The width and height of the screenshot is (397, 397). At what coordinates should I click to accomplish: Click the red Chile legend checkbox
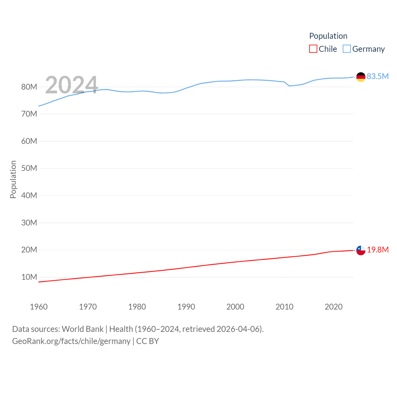[313, 49]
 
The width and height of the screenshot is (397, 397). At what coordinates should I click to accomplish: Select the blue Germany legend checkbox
[347, 49]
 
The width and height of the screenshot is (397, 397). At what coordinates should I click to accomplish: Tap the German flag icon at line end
[361, 77]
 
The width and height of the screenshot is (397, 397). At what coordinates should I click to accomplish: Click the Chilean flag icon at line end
[361, 250]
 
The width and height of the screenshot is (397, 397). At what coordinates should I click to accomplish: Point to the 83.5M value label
[377, 76]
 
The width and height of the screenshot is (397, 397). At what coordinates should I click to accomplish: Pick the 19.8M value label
[377, 250]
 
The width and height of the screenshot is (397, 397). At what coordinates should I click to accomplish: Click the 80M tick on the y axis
[29, 87]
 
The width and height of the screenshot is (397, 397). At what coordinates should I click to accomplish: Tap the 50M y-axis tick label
[29, 168]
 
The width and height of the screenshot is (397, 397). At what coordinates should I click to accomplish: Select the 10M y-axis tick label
[29, 277]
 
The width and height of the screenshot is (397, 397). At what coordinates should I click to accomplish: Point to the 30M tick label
[29, 223]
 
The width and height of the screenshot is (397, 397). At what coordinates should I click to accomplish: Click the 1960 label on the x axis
[39, 307]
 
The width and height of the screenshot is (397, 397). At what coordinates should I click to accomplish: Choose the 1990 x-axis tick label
[186, 307]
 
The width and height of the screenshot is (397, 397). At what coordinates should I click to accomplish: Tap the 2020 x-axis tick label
[333, 307]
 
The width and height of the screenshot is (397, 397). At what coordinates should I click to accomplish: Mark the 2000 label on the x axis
[235, 307]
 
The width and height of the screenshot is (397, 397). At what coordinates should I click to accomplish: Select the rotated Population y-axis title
[13, 179]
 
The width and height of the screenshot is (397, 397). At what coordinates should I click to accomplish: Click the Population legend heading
[328, 36]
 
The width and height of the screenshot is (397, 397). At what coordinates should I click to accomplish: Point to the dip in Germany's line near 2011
[289, 86]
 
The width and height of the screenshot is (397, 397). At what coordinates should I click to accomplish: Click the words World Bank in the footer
[83, 329]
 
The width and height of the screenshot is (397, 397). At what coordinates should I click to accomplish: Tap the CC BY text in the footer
[148, 341]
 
